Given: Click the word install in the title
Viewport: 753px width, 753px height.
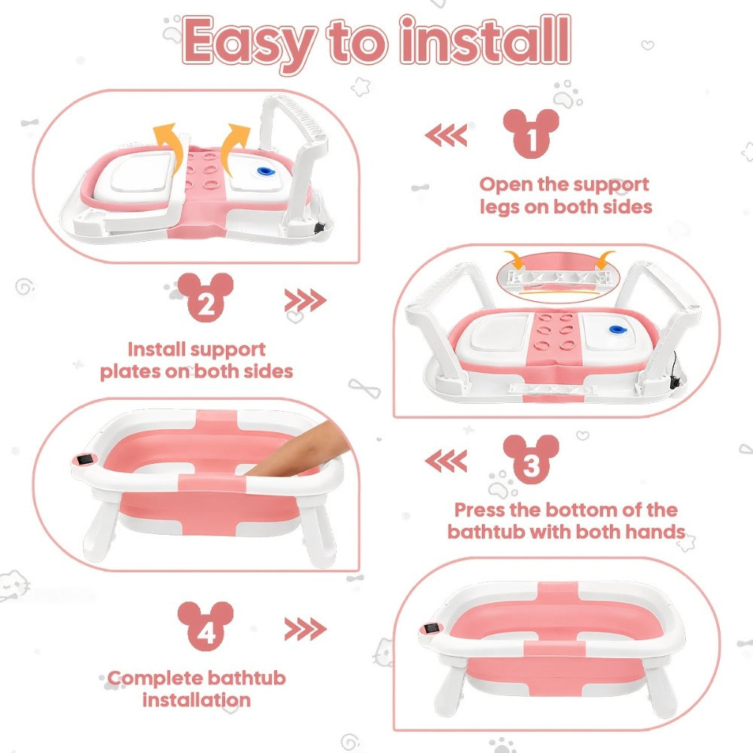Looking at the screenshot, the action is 486,40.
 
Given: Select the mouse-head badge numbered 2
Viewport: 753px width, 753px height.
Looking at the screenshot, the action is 206,297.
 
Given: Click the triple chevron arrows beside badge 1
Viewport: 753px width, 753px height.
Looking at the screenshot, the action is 446,135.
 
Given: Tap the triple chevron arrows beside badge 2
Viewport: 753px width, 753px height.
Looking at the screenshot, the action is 306,300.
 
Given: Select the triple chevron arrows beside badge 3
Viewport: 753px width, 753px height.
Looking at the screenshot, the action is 446,461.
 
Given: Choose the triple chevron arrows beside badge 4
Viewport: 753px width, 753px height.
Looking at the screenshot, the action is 306,630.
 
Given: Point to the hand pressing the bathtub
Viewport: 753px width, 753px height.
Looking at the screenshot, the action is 297,449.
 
